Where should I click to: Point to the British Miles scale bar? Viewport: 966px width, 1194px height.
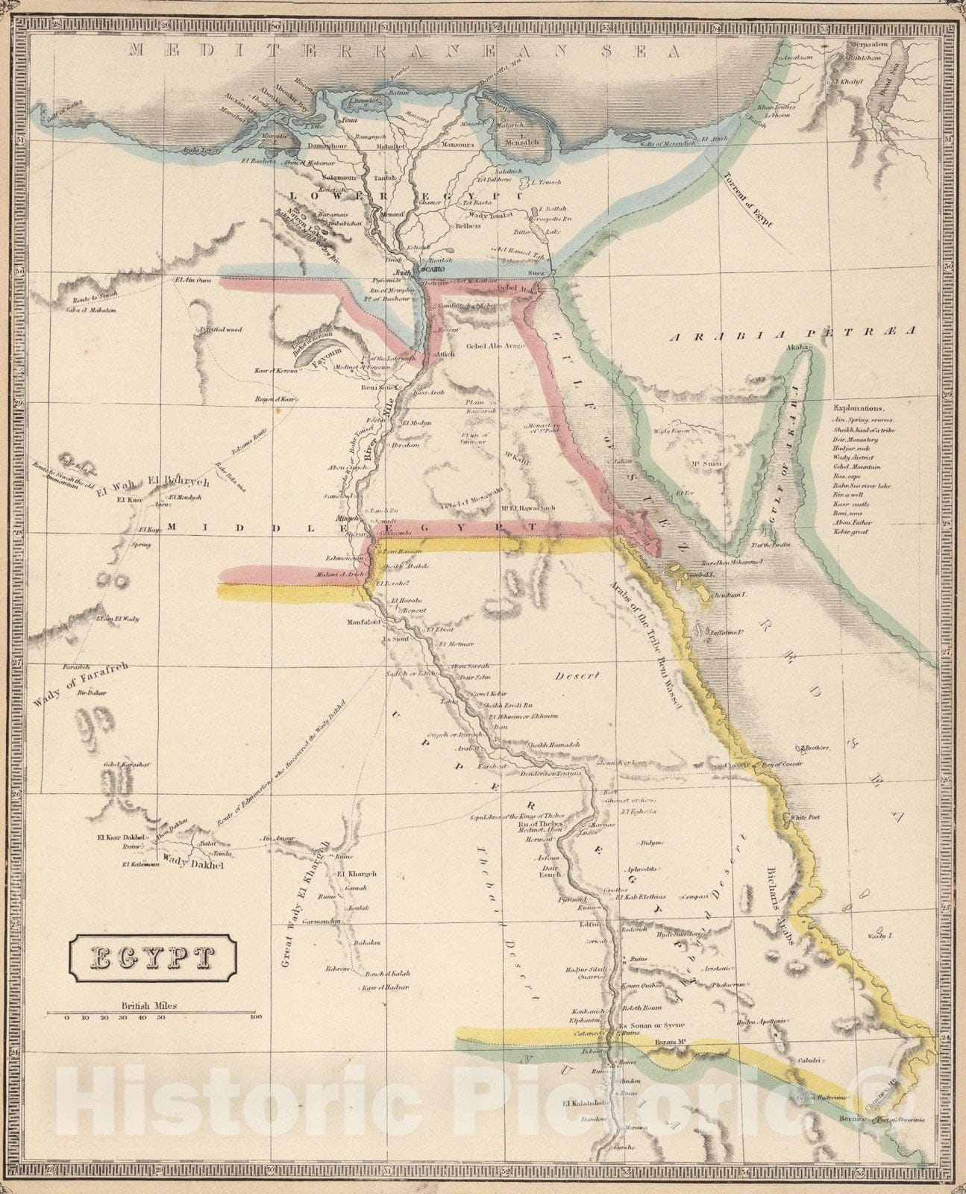153,1014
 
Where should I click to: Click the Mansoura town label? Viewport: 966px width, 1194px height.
460,145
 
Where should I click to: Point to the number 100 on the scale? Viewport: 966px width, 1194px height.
256,1017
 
